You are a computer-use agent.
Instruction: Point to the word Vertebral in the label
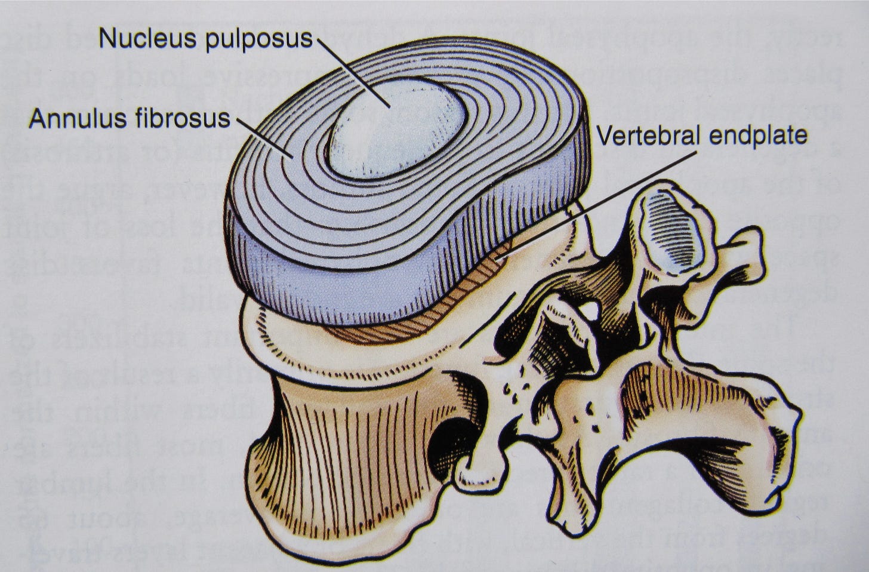pyautogui.click(x=649, y=136)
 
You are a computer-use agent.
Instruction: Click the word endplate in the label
pyautogui.click(x=759, y=136)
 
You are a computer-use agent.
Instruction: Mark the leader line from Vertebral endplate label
pyautogui.click(x=597, y=203)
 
